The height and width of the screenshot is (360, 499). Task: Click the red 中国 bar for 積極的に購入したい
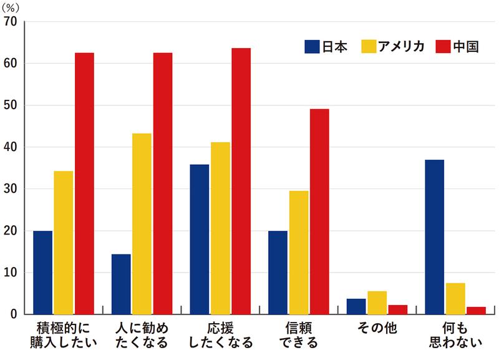84,183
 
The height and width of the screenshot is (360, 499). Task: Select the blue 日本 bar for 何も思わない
434,237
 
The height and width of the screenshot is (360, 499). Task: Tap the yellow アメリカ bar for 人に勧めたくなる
142,224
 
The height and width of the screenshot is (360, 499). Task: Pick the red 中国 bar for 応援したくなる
241,181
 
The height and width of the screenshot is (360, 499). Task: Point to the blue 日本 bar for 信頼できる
278,273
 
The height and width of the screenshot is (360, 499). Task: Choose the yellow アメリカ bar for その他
377,303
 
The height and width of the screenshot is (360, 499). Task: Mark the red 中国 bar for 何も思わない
475,311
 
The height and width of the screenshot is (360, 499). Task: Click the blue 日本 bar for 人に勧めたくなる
121,284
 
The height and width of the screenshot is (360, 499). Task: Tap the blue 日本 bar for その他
356,306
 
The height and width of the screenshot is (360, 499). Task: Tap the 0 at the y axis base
14,314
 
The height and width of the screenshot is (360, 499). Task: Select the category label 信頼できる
298,334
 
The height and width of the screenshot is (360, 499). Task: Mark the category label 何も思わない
455,334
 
